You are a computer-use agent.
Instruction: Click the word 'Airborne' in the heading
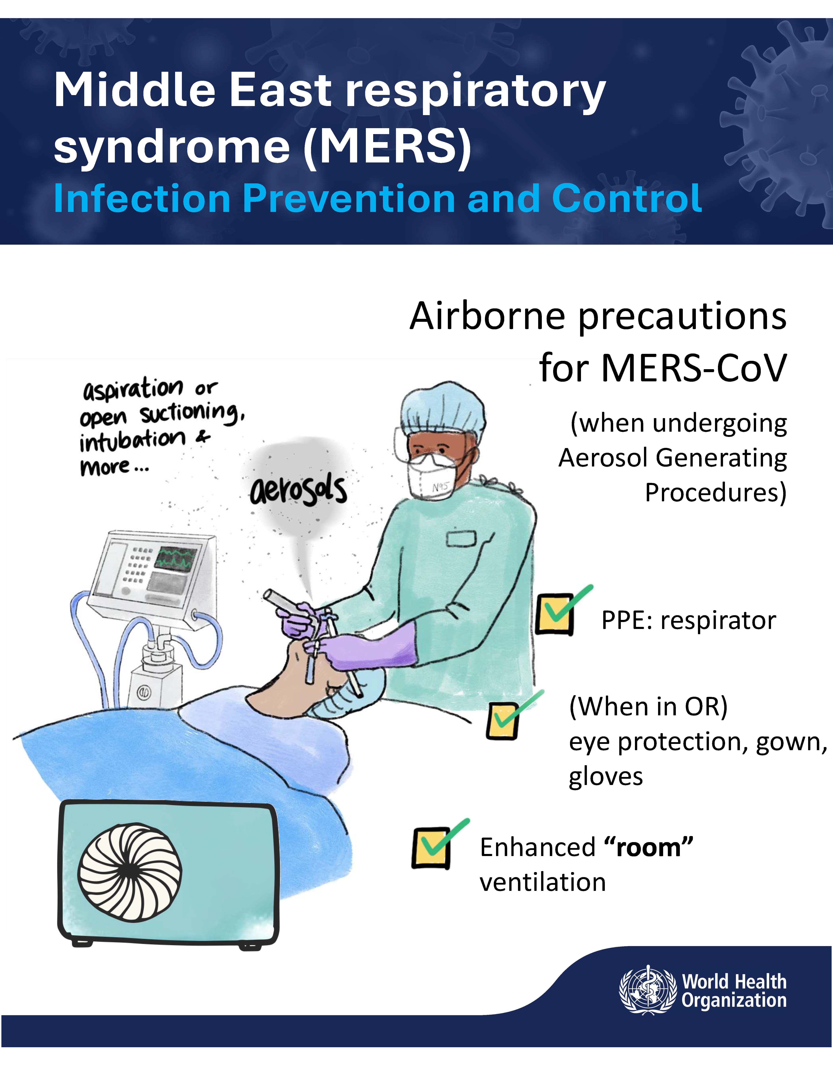[x=488, y=316]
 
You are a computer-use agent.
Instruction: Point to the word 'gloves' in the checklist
[x=606, y=777]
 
